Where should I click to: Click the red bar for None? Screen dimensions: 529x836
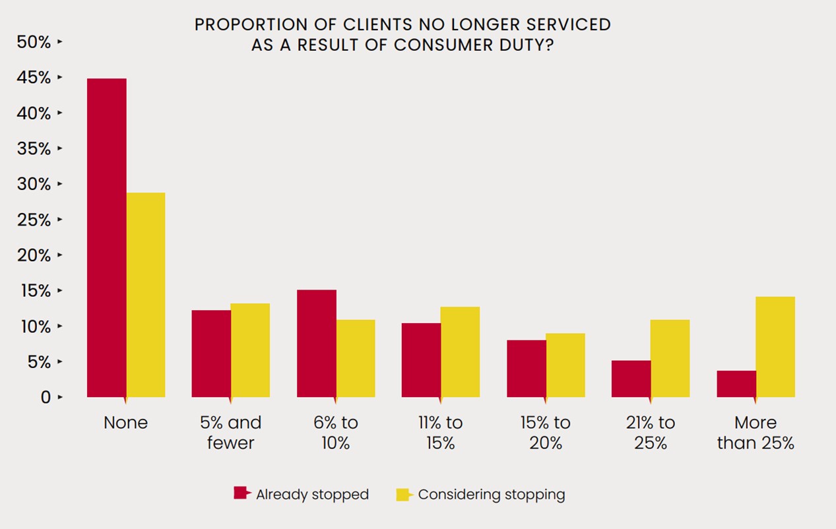(106, 237)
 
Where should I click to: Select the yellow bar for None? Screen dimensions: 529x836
(145, 295)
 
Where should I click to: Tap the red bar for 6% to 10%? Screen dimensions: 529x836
(316, 343)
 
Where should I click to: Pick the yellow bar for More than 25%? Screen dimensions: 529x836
(775, 346)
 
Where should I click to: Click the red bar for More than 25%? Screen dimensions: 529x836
(736, 384)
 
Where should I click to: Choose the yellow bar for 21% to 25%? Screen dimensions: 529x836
(670, 358)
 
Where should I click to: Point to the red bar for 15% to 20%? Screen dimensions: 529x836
(526, 368)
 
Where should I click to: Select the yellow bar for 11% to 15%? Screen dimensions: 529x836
(460, 352)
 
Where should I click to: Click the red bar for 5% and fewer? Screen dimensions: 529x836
(211, 354)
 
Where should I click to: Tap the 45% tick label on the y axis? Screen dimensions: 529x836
(34, 78)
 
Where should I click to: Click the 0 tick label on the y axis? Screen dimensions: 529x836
(45, 398)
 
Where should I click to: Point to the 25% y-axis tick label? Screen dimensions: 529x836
(34, 220)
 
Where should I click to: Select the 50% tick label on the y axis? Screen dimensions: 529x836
(34, 42)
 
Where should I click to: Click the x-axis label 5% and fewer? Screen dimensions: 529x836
(230, 433)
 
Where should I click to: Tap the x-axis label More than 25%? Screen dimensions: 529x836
(756, 433)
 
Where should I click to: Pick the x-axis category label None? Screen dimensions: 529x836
(125, 423)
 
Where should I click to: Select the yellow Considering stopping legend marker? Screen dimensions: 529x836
(403, 494)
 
